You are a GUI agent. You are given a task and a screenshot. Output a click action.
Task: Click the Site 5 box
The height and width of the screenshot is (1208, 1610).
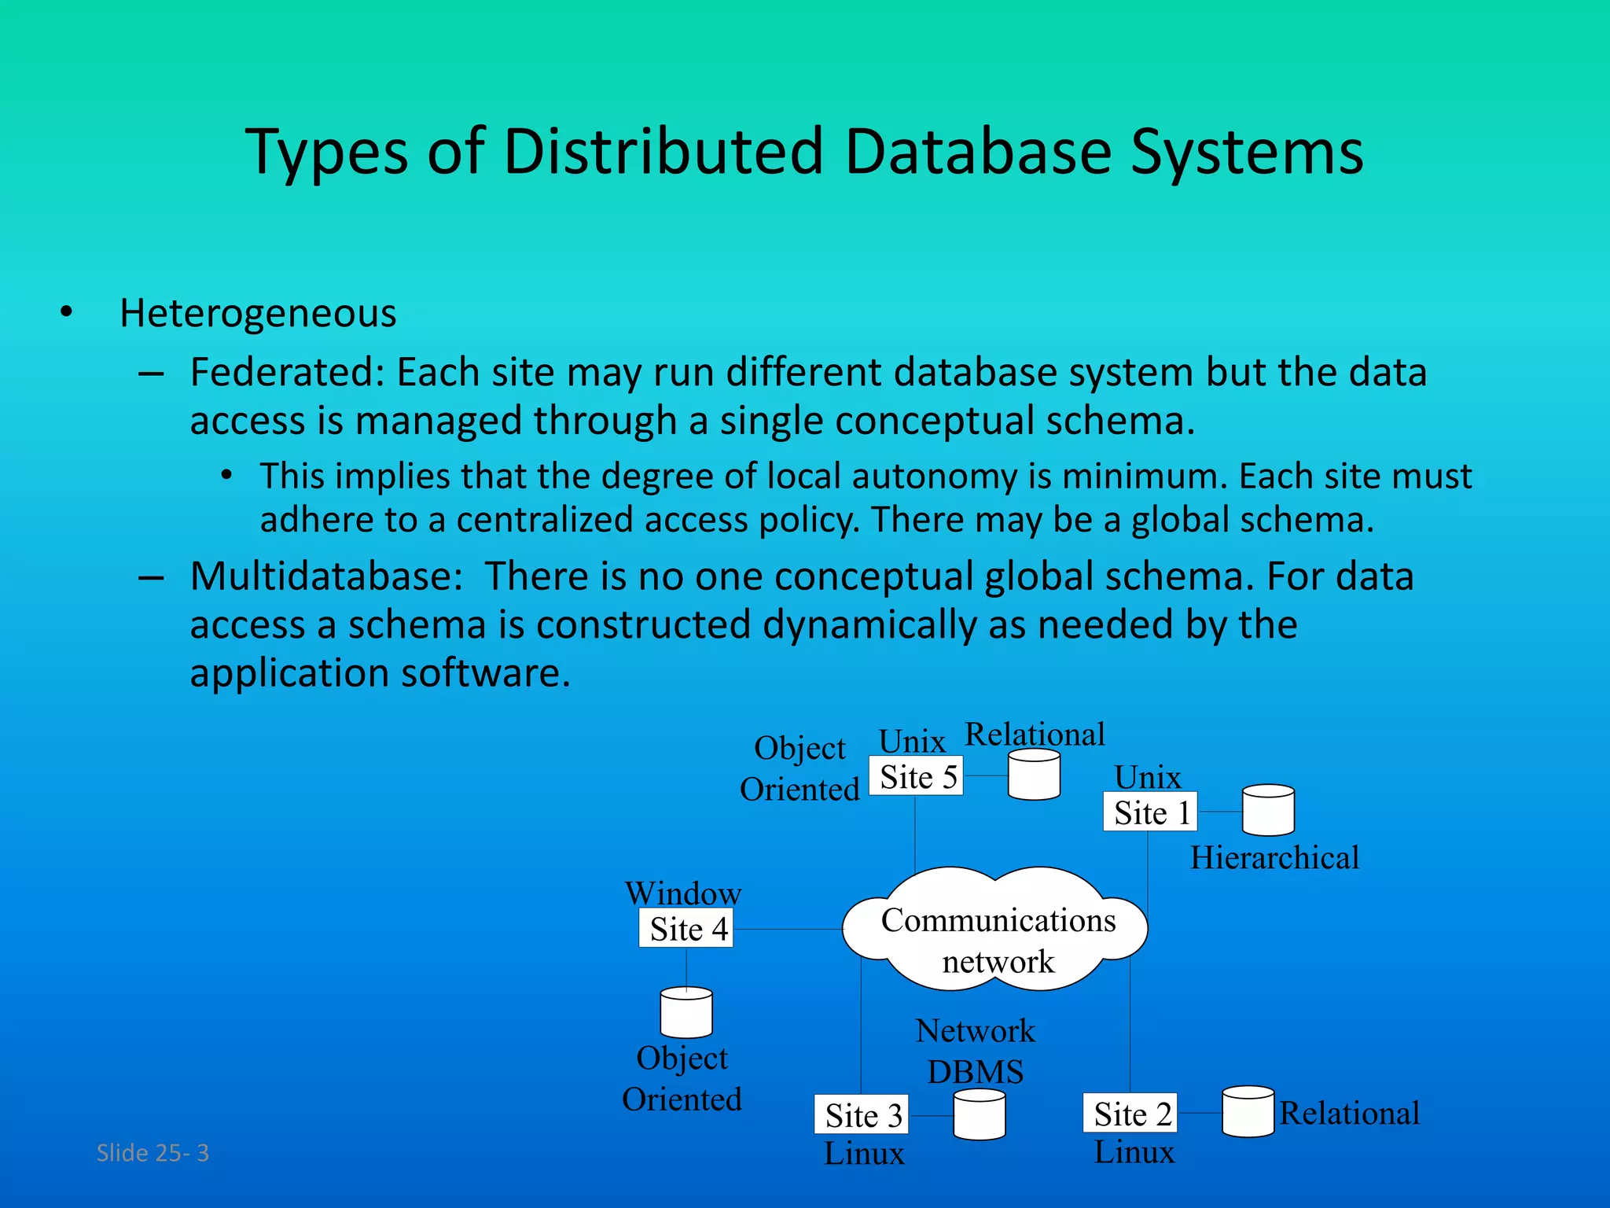tap(916, 776)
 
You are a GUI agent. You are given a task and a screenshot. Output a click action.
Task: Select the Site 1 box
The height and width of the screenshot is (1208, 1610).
tap(1150, 812)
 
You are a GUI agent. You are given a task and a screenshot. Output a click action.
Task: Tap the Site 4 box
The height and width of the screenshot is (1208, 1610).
tap(686, 928)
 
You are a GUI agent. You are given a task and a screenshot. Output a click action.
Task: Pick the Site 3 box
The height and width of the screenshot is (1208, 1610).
tap(861, 1114)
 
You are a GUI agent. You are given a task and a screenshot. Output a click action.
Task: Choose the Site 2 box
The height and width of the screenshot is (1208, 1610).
tap(1130, 1113)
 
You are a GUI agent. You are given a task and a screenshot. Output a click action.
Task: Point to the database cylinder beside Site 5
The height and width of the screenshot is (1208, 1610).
tap(1034, 775)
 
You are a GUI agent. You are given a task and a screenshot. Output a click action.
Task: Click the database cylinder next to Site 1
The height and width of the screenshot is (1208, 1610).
tap(1267, 810)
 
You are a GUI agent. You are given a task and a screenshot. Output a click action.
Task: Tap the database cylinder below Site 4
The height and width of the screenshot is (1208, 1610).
tap(686, 1013)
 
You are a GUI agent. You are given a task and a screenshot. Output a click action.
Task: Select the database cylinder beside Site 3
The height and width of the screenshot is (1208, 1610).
tap(979, 1114)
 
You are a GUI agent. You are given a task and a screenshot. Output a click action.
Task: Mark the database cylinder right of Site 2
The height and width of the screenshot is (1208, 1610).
tap(1248, 1112)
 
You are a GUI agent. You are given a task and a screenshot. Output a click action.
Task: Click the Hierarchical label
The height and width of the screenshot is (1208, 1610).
tap(1274, 857)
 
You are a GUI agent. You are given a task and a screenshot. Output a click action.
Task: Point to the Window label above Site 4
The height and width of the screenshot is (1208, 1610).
tap(682, 893)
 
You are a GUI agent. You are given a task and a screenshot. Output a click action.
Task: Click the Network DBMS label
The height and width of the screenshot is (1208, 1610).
tap(975, 1051)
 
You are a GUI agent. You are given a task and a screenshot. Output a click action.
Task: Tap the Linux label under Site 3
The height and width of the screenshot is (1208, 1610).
tap(864, 1154)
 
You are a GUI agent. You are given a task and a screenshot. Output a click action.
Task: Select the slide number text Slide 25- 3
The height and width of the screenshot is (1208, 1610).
tap(153, 1153)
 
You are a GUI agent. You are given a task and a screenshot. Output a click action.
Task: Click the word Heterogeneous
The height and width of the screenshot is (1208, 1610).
tap(258, 314)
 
